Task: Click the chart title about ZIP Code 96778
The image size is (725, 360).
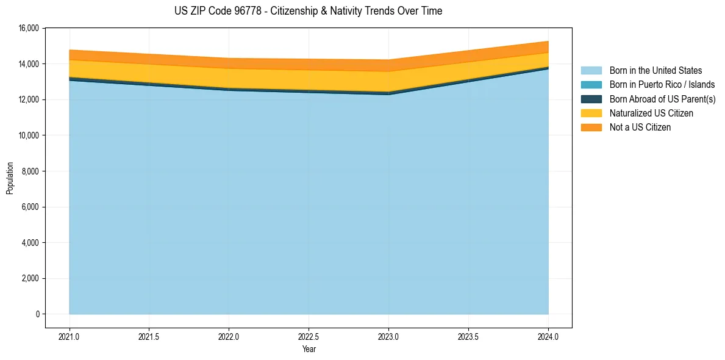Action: coord(308,11)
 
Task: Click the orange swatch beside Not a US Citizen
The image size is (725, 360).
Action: coord(591,127)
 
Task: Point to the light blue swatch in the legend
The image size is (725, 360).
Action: coord(591,71)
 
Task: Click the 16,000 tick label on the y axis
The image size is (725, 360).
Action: coord(29,28)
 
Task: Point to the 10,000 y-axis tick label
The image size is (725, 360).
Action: coord(29,135)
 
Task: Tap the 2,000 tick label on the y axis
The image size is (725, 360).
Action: coord(30,278)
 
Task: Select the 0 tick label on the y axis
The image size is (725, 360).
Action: coord(37,314)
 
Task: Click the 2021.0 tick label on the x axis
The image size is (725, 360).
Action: coord(70,336)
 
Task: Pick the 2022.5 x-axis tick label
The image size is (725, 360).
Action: coord(309,336)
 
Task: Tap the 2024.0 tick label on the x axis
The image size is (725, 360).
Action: coord(548,336)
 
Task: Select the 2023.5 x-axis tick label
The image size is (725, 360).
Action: coord(468,336)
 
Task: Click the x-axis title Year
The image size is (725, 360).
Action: coord(309,349)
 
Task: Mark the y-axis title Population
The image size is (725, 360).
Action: coord(10,178)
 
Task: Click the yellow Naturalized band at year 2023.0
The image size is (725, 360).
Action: coord(388,82)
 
